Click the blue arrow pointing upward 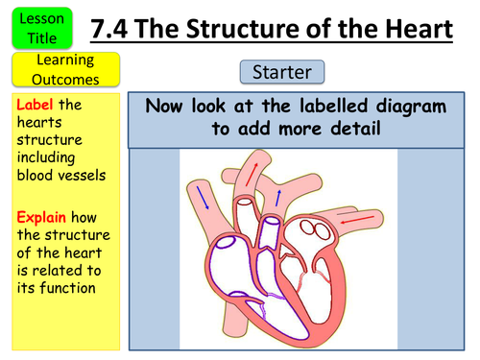278,196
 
